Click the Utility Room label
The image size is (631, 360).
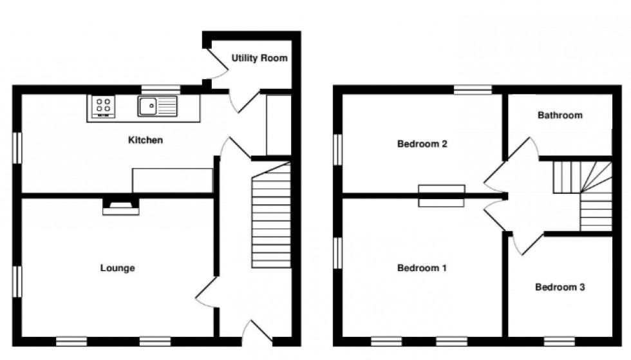pos(259,58)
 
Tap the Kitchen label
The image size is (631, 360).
pos(146,140)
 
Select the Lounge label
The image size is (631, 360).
pos(117,268)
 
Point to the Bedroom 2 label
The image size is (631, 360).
pos(422,144)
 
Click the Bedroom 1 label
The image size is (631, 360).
pos(422,268)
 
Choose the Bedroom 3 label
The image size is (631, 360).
pos(560,287)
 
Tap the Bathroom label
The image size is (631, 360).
pos(560,115)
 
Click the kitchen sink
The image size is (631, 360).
pos(156,106)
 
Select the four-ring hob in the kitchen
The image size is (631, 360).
pos(102,106)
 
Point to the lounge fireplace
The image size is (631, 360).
pos(120,205)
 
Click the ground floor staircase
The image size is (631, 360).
pos(270,219)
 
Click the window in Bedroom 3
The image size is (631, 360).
pos(560,339)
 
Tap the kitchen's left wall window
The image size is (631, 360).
pos(19,144)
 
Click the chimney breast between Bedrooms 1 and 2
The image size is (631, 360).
pos(442,195)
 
